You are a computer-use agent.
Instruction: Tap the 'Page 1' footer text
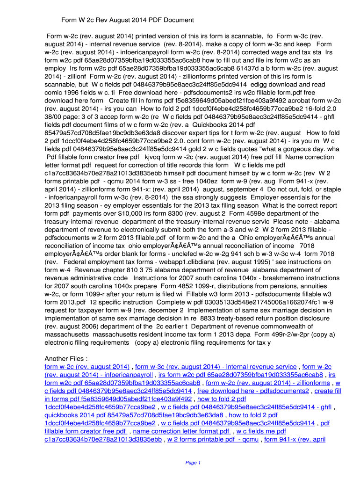tap(193, 463)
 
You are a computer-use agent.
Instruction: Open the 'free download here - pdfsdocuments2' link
tap(253, 391)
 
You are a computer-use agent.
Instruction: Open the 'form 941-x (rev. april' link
tap(295, 440)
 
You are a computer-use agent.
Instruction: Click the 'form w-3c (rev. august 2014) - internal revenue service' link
tap(216, 367)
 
